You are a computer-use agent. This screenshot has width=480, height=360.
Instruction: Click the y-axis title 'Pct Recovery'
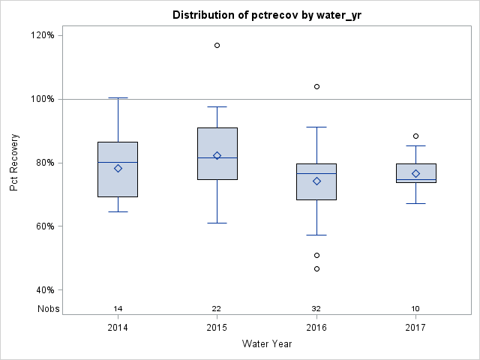14,163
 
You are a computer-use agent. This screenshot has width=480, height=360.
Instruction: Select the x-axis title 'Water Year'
266,343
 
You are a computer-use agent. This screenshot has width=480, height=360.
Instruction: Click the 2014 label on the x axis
118,327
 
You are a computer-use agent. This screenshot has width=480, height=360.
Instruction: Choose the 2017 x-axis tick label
415,327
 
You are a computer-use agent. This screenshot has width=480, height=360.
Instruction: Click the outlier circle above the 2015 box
217,45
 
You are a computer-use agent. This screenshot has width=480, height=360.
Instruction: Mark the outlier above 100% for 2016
316,86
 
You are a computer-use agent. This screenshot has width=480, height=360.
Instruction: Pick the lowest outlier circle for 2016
316,268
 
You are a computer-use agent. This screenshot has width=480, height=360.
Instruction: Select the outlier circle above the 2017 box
415,136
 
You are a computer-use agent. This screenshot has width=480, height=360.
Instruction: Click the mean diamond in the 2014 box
118,168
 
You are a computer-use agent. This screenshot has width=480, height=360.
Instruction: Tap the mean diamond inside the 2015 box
217,155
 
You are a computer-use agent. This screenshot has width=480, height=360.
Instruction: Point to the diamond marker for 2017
415,173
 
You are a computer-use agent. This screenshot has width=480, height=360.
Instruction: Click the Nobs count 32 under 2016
316,308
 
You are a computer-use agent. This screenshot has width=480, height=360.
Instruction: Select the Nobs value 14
118,308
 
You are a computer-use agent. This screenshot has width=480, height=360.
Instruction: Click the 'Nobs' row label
48,308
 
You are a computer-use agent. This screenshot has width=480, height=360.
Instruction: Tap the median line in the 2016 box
316,173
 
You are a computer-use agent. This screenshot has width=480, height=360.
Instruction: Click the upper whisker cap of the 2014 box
118,97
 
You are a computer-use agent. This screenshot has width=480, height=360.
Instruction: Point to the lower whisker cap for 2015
217,223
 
